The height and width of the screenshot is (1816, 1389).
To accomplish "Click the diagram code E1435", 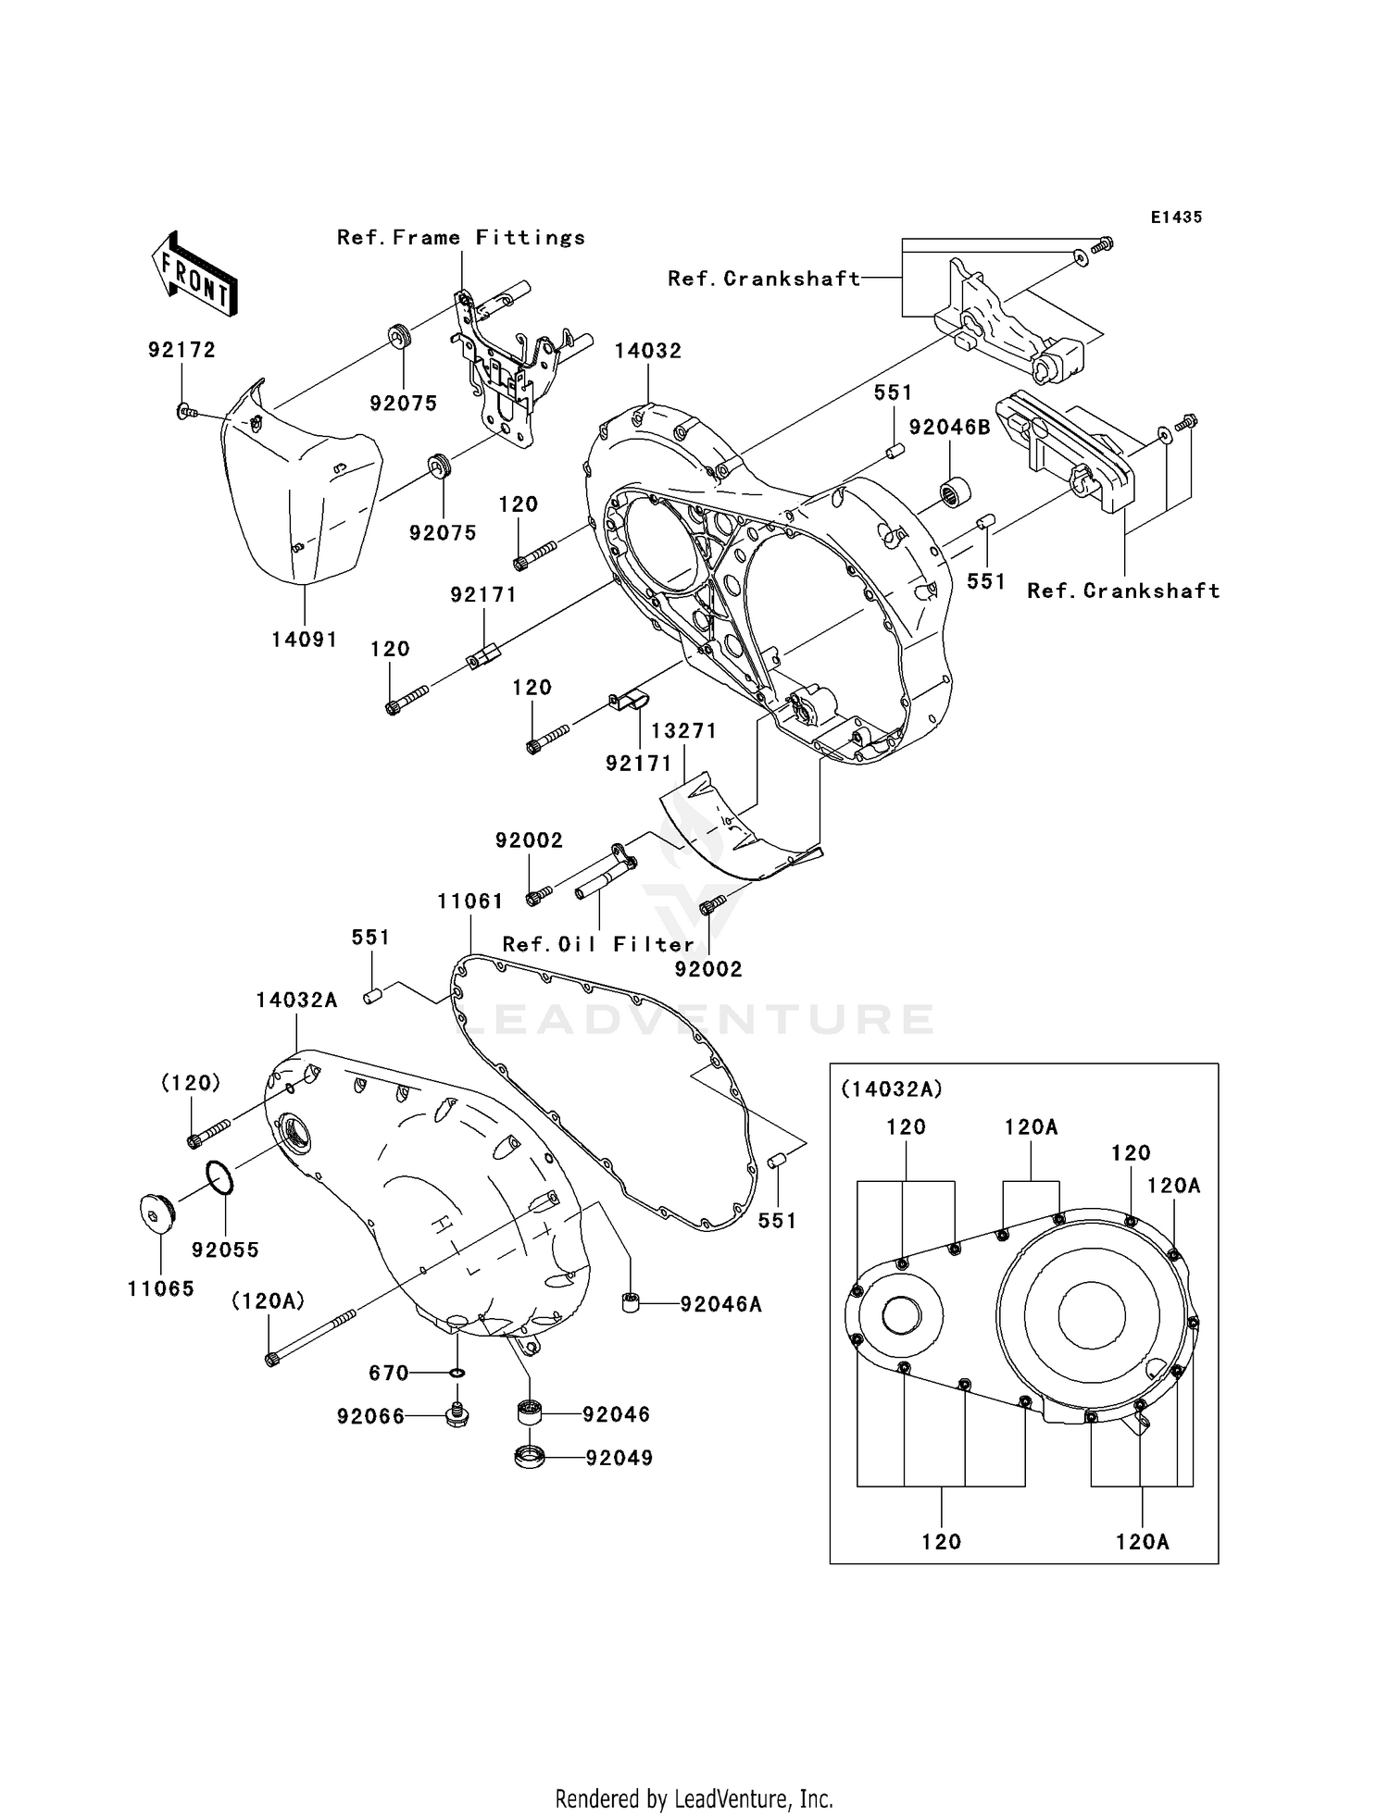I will (x=1176, y=218).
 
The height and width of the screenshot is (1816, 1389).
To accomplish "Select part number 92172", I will (x=181, y=350).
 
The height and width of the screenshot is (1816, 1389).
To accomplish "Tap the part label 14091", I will (x=305, y=640).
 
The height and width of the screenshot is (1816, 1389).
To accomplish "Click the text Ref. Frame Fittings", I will (x=461, y=238).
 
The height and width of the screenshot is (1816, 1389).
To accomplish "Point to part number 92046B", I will (x=949, y=427).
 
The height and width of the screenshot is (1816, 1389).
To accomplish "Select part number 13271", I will (x=683, y=730).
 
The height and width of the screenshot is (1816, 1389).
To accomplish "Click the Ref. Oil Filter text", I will (x=598, y=944).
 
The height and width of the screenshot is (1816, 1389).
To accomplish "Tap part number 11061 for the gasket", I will (x=471, y=901).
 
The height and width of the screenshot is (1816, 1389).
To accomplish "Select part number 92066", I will (x=370, y=1416).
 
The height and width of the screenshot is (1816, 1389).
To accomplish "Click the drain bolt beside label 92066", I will (x=456, y=1413).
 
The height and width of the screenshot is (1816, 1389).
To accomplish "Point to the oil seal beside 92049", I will (x=529, y=1457).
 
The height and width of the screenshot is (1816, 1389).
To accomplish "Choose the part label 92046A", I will (x=720, y=1304).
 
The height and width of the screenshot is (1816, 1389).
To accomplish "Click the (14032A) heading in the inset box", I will (x=891, y=1089).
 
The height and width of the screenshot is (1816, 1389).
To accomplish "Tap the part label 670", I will (x=389, y=1373).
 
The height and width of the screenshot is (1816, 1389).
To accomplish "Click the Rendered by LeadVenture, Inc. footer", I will (x=694, y=1797).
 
